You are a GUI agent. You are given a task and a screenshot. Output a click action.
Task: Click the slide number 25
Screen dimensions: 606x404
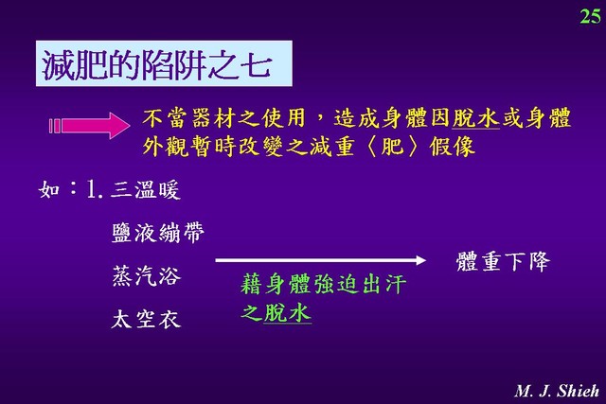click(x=590, y=17)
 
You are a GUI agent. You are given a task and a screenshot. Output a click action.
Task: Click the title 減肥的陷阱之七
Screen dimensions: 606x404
click(x=156, y=64)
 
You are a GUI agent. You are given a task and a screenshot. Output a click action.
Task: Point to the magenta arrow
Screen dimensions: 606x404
click(x=89, y=126)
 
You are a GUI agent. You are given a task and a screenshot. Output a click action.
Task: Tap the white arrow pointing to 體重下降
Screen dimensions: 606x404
click(x=320, y=260)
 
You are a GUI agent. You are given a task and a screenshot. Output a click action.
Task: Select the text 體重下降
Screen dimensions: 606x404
click(x=503, y=261)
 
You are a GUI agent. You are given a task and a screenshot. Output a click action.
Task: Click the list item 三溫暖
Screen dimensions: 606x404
click(x=145, y=189)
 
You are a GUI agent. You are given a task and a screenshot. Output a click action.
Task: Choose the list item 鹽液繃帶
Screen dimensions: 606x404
click(x=158, y=233)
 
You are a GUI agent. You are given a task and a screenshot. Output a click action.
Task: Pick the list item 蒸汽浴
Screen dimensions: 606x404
click(x=146, y=275)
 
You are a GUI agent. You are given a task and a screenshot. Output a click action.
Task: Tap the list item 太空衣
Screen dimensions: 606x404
click(x=146, y=319)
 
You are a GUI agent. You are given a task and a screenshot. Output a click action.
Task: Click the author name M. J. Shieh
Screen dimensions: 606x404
click(x=557, y=391)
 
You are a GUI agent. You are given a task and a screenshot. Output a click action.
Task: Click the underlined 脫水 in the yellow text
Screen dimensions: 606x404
click(x=475, y=118)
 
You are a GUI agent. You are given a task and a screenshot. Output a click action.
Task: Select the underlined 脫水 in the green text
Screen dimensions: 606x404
click(x=287, y=312)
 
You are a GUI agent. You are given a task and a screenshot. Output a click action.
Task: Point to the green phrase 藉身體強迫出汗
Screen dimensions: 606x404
click(x=323, y=284)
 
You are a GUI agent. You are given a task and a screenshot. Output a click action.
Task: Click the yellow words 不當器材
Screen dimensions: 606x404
click(x=188, y=118)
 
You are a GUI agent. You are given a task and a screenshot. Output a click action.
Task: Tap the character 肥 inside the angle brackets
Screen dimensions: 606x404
click(x=392, y=147)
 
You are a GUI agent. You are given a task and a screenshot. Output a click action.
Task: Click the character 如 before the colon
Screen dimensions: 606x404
click(x=49, y=189)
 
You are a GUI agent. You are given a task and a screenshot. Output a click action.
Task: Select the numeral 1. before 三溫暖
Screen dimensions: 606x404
click(x=95, y=189)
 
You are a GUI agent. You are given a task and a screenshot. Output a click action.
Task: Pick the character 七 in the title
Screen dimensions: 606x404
click(x=256, y=65)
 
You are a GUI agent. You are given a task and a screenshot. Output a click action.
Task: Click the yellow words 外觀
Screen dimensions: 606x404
click(x=166, y=147)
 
